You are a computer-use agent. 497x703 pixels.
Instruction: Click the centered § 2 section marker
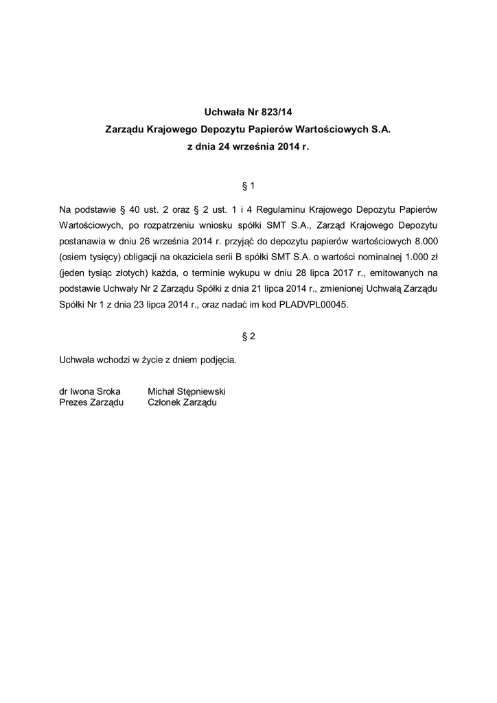point(248,336)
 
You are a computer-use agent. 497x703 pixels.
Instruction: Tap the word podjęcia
point(218,359)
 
